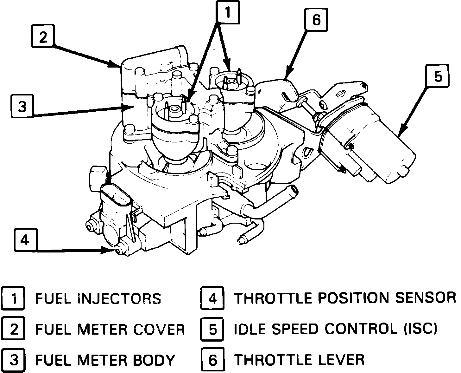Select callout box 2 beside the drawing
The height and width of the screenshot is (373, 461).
tap(43, 38)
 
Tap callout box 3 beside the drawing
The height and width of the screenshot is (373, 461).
tap(22, 107)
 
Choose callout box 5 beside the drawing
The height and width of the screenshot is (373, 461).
tap(437, 76)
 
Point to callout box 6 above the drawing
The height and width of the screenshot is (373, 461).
tap(316, 20)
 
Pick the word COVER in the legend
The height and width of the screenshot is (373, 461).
tap(159, 330)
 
